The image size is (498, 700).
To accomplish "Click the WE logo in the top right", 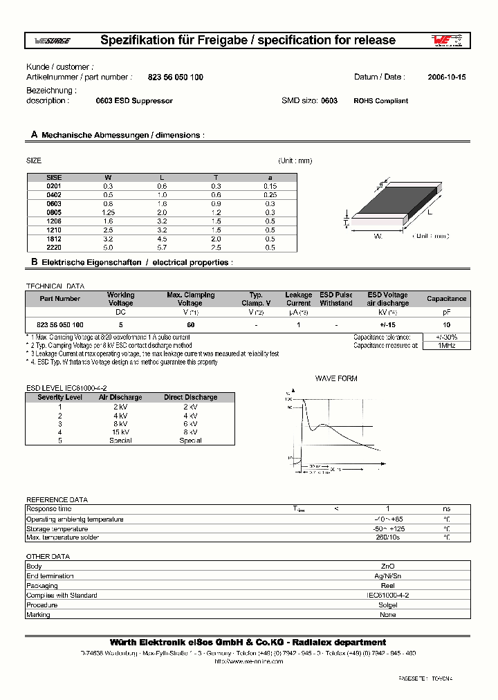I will point(447,41).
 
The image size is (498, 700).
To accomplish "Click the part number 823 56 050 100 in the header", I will point(176,77).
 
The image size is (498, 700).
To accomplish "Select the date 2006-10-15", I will point(446,77).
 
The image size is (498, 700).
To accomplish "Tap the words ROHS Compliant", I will point(380,101).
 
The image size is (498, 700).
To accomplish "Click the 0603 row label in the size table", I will point(54,204).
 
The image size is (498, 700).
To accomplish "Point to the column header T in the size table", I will point(216,178).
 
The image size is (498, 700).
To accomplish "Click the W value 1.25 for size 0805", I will point(109,212).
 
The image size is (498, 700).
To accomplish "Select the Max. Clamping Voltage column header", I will point(191,299).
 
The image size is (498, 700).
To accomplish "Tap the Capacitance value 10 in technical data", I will point(446,324).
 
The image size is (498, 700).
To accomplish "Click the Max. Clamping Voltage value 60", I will point(190,324).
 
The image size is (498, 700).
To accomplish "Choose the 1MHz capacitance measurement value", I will point(446,345).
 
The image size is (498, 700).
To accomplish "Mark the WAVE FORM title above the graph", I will point(336,379).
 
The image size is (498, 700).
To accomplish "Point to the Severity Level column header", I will point(60,398).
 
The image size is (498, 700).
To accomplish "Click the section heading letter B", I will point(34,263).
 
